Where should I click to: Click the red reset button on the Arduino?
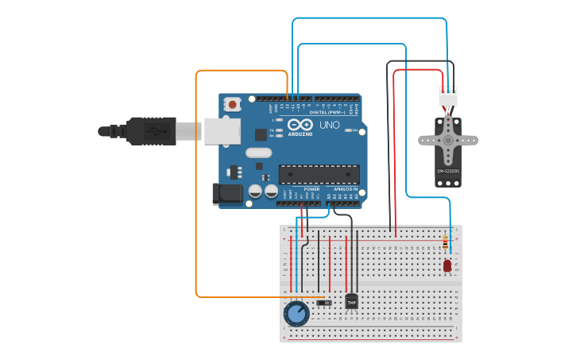(x=232, y=104)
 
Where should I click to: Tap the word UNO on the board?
(x=329, y=126)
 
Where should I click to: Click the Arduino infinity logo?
(x=300, y=125)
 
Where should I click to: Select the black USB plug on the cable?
(x=151, y=131)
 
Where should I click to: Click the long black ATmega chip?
(x=319, y=174)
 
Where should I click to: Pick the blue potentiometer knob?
(x=296, y=314)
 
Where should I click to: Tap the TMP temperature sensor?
(x=351, y=301)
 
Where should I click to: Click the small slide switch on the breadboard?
(x=323, y=303)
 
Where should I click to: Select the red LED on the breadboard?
(x=447, y=265)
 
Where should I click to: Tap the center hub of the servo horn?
(x=448, y=141)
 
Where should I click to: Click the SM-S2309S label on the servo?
(x=447, y=171)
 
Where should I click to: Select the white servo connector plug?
(x=448, y=96)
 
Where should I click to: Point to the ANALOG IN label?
(x=344, y=189)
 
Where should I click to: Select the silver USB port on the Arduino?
(x=222, y=131)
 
